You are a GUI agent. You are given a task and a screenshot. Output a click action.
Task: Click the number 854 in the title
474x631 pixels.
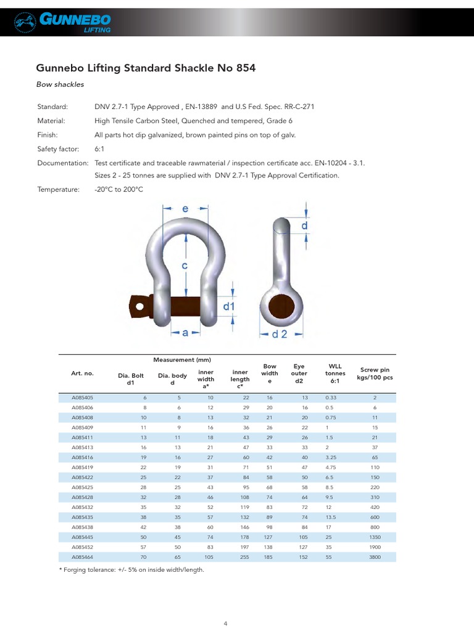pyautogui.click(x=243, y=68)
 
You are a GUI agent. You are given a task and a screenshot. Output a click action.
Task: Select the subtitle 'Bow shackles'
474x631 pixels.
pyautogui.click(x=60, y=84)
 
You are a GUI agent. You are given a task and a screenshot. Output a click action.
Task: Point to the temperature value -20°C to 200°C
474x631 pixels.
pyautogui.click(x=118, y=190)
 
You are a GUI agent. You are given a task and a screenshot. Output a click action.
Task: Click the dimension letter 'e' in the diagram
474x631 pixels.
pyautogui.click(x=185, y=210)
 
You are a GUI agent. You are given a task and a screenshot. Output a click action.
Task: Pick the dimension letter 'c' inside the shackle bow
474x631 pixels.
pyautogui.click(x=185, y=266)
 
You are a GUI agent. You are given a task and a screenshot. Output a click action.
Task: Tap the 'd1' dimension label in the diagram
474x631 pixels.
pyautogui.click(x=229, y=306)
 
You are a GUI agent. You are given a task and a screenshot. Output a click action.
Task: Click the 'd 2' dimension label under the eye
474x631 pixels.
pyautogui.click(x=280, y=334)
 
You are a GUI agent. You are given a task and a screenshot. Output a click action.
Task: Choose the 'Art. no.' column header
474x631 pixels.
pyautogui.click(x=82, y=373)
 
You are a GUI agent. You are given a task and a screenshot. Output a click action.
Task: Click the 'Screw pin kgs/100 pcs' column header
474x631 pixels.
pyautogui.click(x=375, y=373)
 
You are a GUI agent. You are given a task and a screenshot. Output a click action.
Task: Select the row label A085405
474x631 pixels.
pyautogui.click(x=82, y=398)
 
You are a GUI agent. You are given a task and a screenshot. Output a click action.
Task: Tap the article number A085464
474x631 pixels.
pyautogui.click(x=82, y=556)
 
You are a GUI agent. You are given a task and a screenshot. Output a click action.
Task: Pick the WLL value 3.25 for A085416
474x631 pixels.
pyautogui.click(x=334, y=458)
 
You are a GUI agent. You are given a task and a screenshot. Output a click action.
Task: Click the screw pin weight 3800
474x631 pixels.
pyautogui.click(x=375, y=556)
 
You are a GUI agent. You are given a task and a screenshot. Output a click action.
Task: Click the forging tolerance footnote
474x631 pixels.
pyautogui.click(x=131, y=570)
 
